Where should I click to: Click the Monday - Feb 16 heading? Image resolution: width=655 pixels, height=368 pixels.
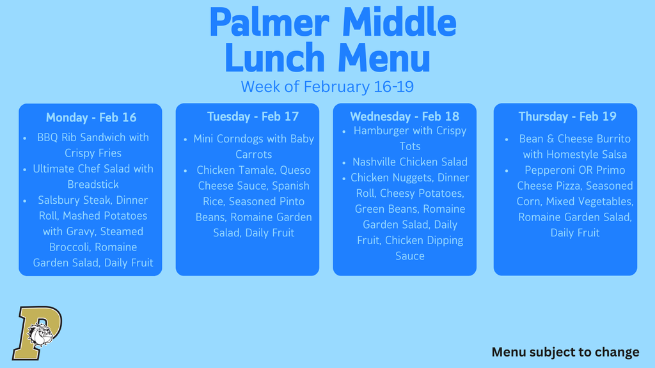(91, 118)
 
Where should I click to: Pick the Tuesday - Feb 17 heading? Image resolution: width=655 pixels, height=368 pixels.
(253, 116)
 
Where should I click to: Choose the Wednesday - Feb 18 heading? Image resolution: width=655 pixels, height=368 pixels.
(404, 116)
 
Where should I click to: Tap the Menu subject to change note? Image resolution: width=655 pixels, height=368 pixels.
(565, 352)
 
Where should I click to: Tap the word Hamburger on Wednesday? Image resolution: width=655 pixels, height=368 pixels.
(383, 131)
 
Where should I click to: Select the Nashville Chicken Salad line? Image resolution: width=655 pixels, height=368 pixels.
(410, 162)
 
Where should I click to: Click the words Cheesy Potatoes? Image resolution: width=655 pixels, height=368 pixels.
(422, 194)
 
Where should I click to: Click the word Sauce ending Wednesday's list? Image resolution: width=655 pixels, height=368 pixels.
(410, 256)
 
